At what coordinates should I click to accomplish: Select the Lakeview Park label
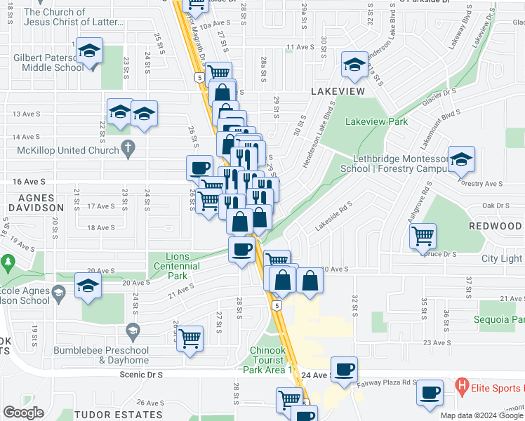point(376,121)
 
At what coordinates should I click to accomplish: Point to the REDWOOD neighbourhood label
point(496,226)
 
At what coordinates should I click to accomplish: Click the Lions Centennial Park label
point(177,266)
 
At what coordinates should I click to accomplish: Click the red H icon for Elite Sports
point(462,385)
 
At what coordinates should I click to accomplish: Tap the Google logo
point(23,413)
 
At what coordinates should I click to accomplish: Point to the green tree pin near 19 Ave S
point(8,263)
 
